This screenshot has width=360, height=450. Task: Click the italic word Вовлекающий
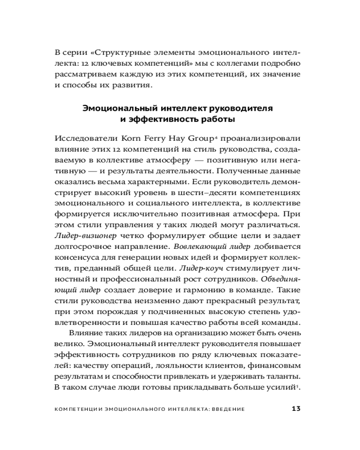tap(200, 247)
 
